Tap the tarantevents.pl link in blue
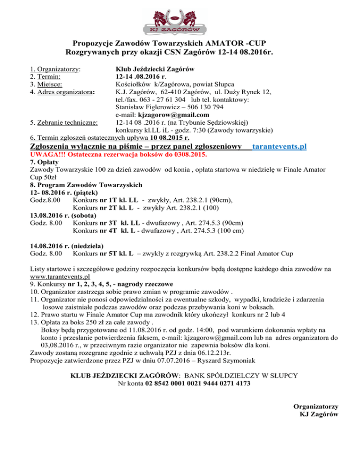[x=279, y=147]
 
